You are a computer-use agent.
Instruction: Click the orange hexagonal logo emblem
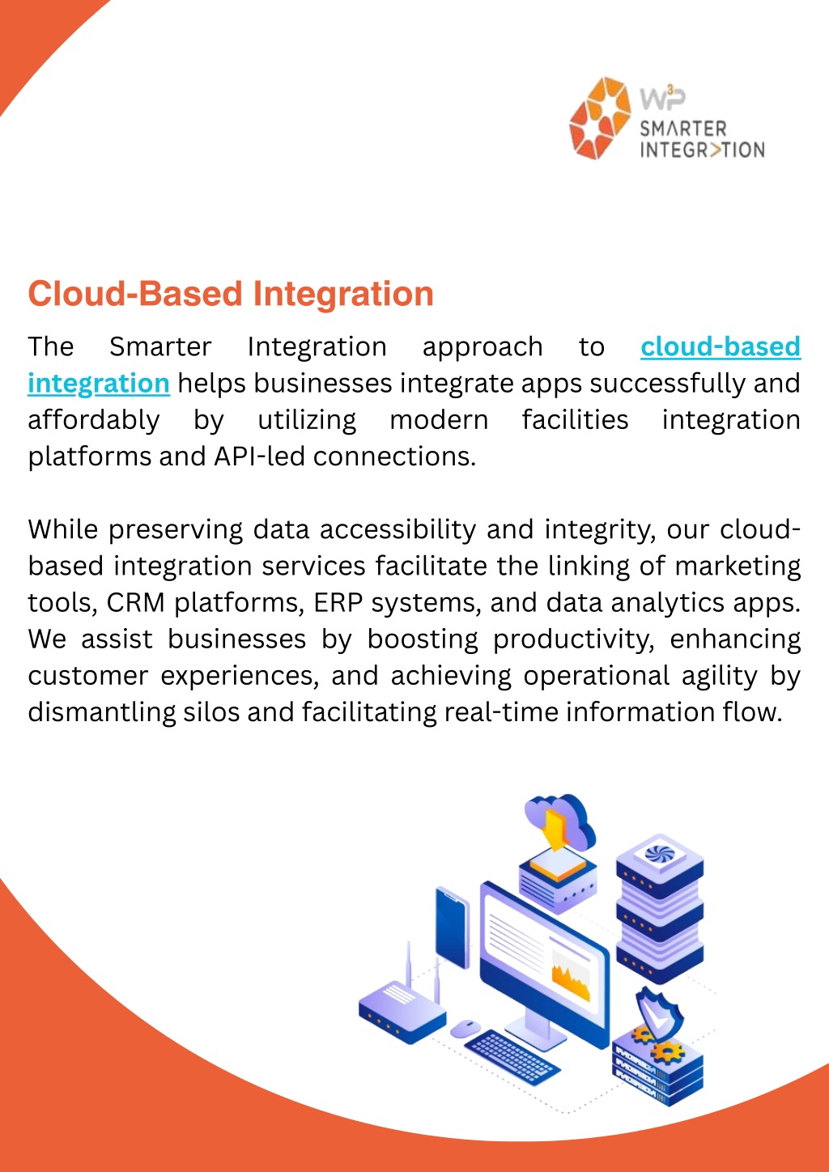pos(600,117)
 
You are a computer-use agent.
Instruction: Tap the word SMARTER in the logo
pos(683,129)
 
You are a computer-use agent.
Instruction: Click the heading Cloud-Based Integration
pos(231,294)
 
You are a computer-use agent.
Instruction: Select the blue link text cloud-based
pos(721,347)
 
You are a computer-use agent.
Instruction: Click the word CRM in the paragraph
pos(135,603)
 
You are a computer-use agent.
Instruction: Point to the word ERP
pos(338,603)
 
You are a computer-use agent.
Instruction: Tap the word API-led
pos(260,456)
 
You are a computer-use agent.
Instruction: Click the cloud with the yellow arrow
pos(560,823)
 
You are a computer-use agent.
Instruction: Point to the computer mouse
pos(466,1028)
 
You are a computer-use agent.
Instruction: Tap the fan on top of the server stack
pos(660,854)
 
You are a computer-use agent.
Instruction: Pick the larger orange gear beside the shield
pos(667,1050)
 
